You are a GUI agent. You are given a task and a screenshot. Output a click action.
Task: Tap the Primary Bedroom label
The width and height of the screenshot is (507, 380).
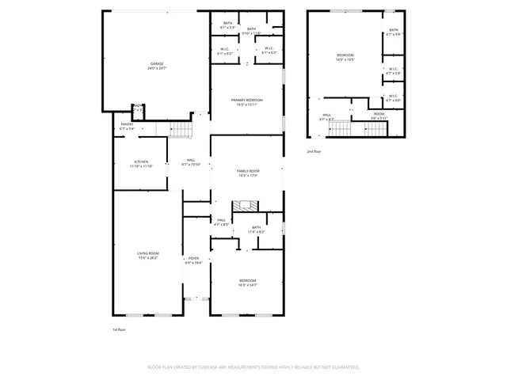coord(246,101)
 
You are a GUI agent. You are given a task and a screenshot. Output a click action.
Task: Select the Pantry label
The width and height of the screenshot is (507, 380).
coord(127,126)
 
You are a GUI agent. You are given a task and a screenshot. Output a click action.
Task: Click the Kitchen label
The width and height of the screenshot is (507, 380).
coord(141,164)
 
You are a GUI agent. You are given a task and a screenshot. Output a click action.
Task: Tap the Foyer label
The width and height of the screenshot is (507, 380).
coord(193,260)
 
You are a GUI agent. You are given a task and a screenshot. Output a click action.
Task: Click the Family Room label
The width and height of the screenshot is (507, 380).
coord(248,173)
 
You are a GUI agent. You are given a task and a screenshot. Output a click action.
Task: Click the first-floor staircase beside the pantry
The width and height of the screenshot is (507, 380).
coord(181,130)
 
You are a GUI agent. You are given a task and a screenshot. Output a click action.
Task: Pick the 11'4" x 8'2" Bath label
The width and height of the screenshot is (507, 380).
coord(256,230)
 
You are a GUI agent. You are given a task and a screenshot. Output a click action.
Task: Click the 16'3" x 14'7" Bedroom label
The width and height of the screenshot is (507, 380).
coord(248,282)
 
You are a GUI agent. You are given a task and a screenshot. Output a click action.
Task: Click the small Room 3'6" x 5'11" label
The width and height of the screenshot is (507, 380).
coord(379,116)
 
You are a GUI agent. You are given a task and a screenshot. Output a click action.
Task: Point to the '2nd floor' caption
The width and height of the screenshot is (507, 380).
coord(314,150)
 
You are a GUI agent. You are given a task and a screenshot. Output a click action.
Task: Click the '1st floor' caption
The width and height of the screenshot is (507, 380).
coord(120,329)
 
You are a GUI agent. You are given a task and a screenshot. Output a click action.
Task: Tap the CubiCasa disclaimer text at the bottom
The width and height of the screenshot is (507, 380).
coord(253,367)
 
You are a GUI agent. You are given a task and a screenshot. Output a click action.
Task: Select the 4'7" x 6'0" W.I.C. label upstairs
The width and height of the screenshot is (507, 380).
coord(394,100)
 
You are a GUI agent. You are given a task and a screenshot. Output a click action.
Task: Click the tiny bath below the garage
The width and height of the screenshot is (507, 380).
coord(138,108)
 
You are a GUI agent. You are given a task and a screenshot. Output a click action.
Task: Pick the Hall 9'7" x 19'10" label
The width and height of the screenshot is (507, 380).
coord(191,162)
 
